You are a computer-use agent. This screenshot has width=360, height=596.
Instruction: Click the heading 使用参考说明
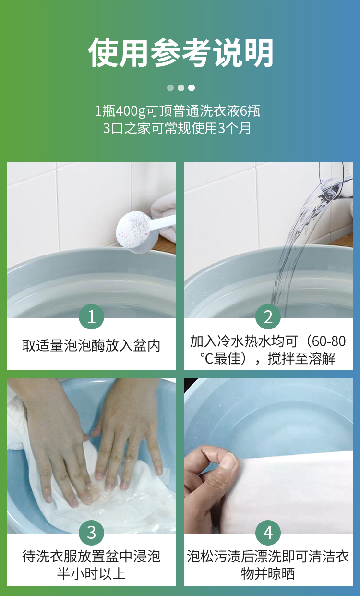(x=181, y=53)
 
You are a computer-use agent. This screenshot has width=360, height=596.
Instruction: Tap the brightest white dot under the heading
(x=192, y=88)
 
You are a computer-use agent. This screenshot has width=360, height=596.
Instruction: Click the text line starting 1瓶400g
(x=178, y=111)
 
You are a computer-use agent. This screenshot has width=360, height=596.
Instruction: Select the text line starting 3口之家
(x=177, y=128)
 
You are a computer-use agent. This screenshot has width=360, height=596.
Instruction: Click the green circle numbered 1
(x=91, y=316)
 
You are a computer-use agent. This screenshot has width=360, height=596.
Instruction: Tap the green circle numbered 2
(x=268, y=316)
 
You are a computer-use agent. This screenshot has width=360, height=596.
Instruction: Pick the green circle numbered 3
(x=91, y=533)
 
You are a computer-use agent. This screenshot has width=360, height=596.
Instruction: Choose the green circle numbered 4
(x=268, y=533)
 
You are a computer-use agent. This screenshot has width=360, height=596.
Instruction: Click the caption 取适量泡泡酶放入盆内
(x=91, y=346)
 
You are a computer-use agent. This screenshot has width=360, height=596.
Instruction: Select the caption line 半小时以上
(x=91, y=574)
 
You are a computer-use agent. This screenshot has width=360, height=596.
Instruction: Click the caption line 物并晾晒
(x=268, y=574)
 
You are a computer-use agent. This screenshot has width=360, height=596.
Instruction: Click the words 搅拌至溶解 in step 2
(x=301, y=358)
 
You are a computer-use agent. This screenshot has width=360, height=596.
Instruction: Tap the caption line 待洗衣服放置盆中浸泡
(x=91, y=556)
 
